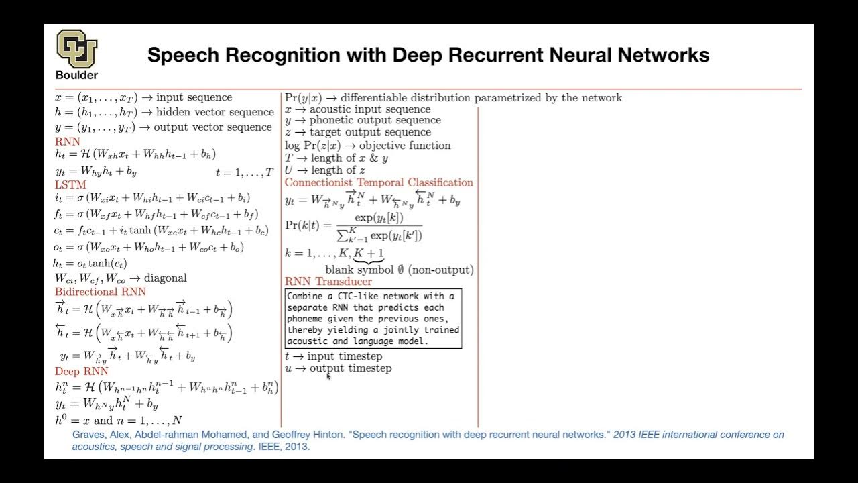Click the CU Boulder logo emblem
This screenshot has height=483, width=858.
tap(76, 48)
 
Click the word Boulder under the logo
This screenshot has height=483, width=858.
tap(76, 75)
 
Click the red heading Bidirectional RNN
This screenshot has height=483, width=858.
tap(100, 292)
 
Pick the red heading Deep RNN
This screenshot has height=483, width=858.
tap(81, 371)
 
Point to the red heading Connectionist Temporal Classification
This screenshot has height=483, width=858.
tap(379, 182)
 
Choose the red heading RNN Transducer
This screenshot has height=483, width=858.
tap(328, 282)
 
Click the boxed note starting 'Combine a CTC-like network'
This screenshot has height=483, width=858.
tap(373, 319)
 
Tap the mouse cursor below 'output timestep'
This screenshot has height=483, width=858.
tap(328, 377)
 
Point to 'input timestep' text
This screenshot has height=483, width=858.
tap(345, 356)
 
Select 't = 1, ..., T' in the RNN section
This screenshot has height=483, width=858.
tap(244, 172)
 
